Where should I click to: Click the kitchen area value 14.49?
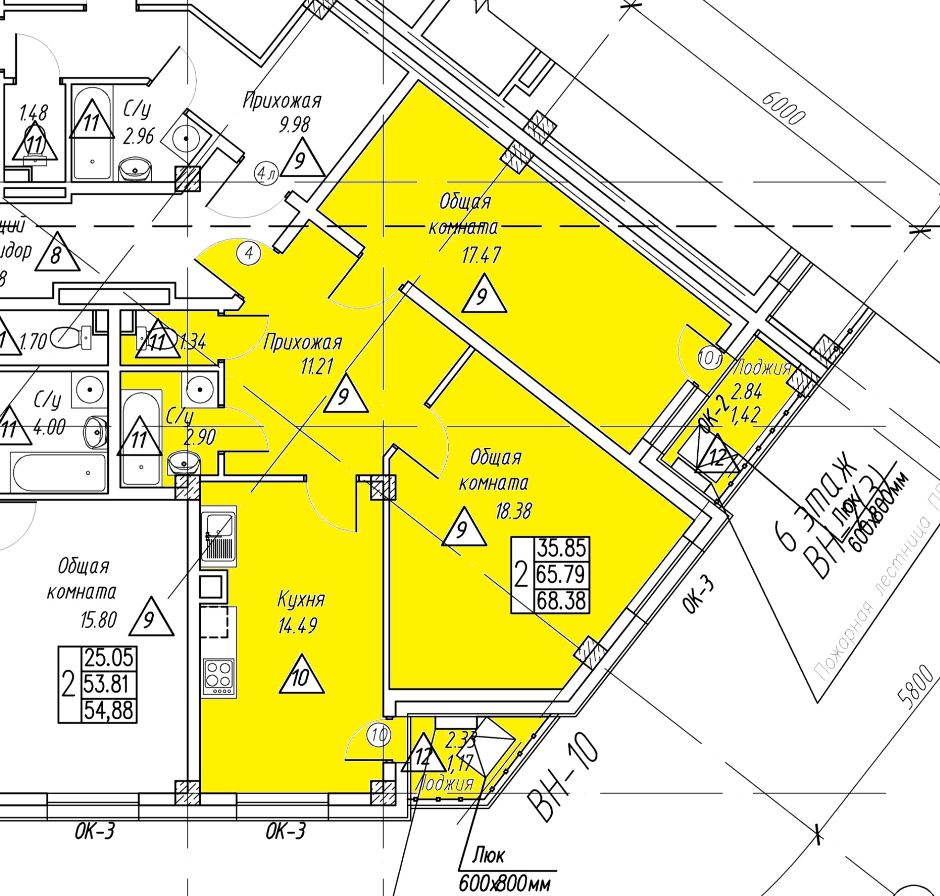point(298,625)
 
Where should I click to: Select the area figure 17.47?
point(481,255)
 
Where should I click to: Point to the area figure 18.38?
point(513,511)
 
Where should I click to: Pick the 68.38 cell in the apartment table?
point(561,600)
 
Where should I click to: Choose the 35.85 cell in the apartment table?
point(561,549)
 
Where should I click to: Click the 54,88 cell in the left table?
point(109,711)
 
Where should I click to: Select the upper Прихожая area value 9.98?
point(295,124)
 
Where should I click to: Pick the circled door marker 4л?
point(266,173)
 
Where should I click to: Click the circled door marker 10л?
point(710,360)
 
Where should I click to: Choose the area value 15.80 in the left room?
point(98,620)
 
